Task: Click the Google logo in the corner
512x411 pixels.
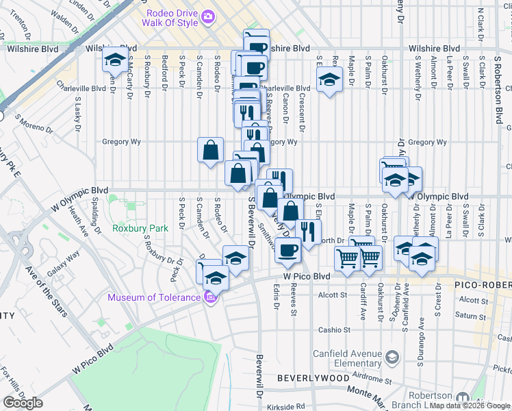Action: click(x=23, y=403)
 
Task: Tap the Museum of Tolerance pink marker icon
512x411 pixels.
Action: click(x=210, y=297)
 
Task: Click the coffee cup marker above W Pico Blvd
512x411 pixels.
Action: click(x=288, y=250)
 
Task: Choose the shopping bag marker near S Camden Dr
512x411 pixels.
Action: click(x=211, y=149)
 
